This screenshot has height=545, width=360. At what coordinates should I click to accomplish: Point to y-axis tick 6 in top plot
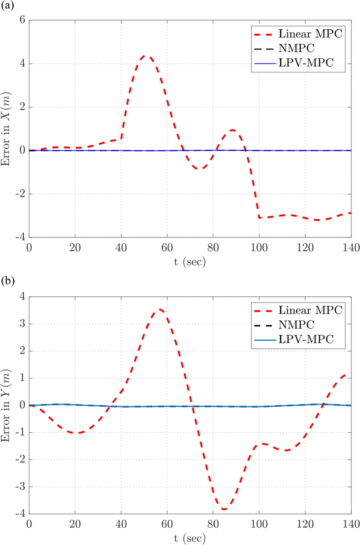tap(22, 20)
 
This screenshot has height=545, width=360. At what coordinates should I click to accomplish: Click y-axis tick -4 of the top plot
tap(20, 237)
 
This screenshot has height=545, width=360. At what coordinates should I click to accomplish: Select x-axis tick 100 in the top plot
tap(259, 248)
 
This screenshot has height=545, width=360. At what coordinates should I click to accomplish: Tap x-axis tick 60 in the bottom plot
tap(167, 524)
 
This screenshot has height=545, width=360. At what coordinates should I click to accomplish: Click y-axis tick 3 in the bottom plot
tap(22, 324)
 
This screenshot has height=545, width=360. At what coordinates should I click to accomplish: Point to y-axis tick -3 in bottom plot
tap(20, 486)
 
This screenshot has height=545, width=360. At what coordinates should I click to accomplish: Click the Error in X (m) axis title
tap(6, 129)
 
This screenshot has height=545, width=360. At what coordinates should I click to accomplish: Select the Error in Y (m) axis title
tap(6, 406)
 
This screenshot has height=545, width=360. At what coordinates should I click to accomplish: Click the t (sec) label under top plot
tap(190, 262)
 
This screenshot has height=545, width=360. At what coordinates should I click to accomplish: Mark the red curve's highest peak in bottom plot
tap(161, 310)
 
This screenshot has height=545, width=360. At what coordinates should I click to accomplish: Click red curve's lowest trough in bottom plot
tap(224, 509)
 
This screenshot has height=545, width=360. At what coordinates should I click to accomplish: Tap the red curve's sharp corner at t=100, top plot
tap(259, 217)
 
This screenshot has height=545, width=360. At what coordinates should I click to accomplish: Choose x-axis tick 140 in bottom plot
tap(351, 524)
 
